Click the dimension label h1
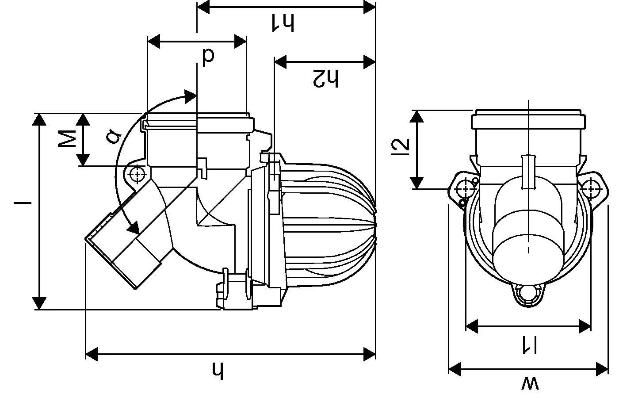(x=283, y=22)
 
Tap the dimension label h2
(x=325, y=78)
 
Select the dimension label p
(x=208, y=56)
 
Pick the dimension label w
(x=530, y=383)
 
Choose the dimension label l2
(x=401, y=148)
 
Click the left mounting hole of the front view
(x=465, y=189)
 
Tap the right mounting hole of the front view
(x=591, y=189)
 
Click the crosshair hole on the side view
(x=138, y=174)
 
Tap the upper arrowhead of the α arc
(x=191, y=96)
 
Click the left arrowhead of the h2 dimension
(x=280, y=62)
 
